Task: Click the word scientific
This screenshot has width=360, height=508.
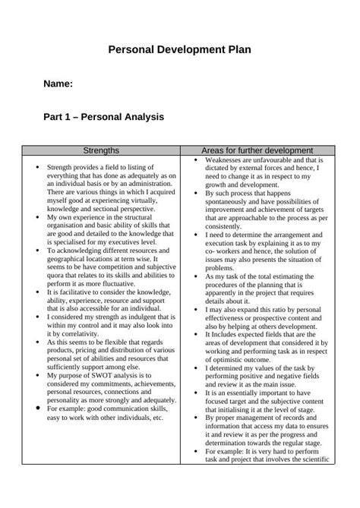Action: pyautogui.click(x=308, y=458)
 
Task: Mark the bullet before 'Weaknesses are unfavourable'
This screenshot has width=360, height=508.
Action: pyautogui.click(x=196, y=161)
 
